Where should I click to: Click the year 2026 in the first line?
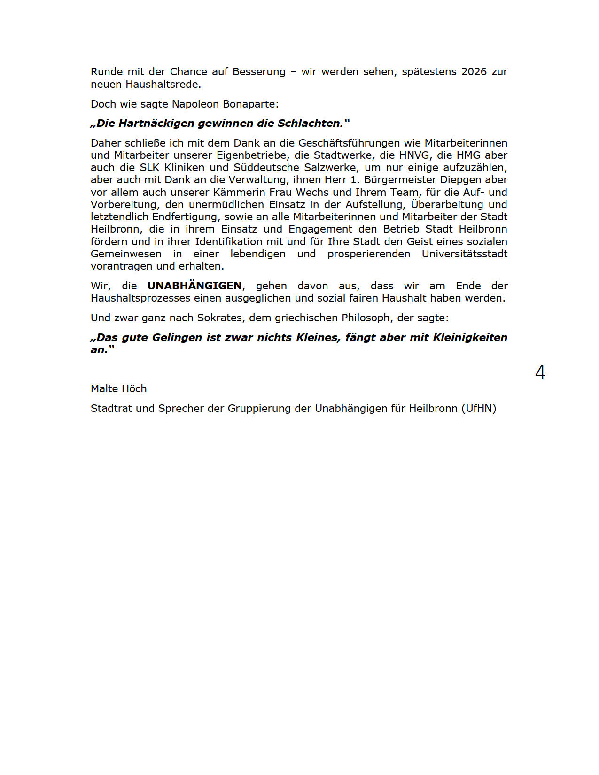click(474, 72)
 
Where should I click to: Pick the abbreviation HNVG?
click(414, 155)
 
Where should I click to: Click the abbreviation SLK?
click(150, 167)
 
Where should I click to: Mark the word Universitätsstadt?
click(464, 254)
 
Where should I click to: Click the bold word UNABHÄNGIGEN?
click(194, 286)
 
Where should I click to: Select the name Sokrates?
click(219, 318)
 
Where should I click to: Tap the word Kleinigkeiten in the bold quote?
click(470, 337)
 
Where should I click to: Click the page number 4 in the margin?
click(540, 372)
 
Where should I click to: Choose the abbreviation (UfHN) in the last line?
click(479, 408)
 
